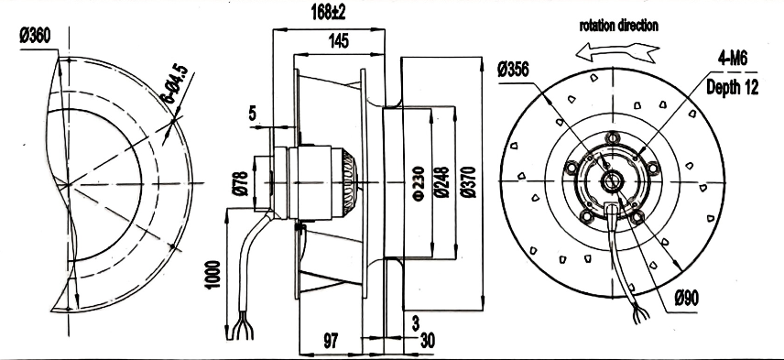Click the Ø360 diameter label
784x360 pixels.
pyautogui.click(x=35, y=37)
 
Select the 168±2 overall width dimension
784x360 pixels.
pyautogui.click(x=328, y=13)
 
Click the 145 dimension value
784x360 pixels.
pyautogui.click(x=339, y=41)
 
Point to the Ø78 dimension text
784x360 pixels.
pyautogui.click(x=241, y=183)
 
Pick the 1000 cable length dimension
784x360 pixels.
pyautogui.click(x=213, y=275)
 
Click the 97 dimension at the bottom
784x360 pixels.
pyautogui.click(x=330, y=342)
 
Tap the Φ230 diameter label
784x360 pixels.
pyautogui.click(x=418, y=183)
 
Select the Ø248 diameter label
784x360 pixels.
pyautogui.click(x=442, y=182)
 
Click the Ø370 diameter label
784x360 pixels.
pyautogui.click(x=468, y=182)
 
